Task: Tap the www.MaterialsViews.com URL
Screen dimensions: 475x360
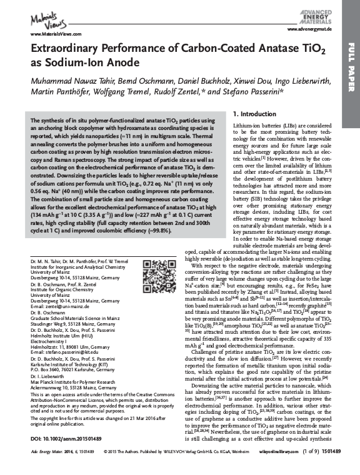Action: (47, 34)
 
